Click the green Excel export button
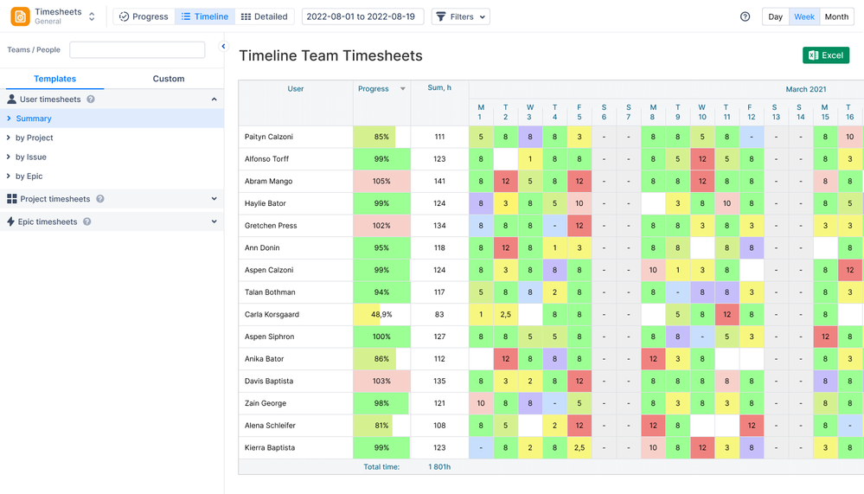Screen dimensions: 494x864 [x=825, y=55]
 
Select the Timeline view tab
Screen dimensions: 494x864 [x=205, y=16]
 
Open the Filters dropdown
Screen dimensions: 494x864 [x=460, y=16]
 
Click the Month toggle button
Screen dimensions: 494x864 [x=836, y=16]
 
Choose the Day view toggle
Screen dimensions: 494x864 [x=775, y=16]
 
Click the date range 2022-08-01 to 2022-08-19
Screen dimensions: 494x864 [x=360, y=16]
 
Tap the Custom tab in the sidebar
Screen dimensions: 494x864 [x=169, y=79]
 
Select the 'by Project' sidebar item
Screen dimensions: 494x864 [x=35, y=138]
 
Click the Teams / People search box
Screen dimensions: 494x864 [x=137, y=50]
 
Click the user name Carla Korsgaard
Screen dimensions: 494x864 [x=273, y=315]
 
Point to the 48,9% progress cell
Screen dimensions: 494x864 [x=381, y=315]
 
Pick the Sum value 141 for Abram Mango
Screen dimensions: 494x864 [x=439, y=182]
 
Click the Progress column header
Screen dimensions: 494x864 [x=374, y=88]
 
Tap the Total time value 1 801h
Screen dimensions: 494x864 [x=439, y=467]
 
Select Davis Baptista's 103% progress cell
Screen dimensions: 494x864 [x=381, y=382]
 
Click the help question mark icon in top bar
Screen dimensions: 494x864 [x=745, y=16]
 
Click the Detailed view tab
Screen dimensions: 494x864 [x=264, y=16]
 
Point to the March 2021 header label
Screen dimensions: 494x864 [x=806, y=89]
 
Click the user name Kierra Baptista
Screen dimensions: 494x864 [x=270, y=448]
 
